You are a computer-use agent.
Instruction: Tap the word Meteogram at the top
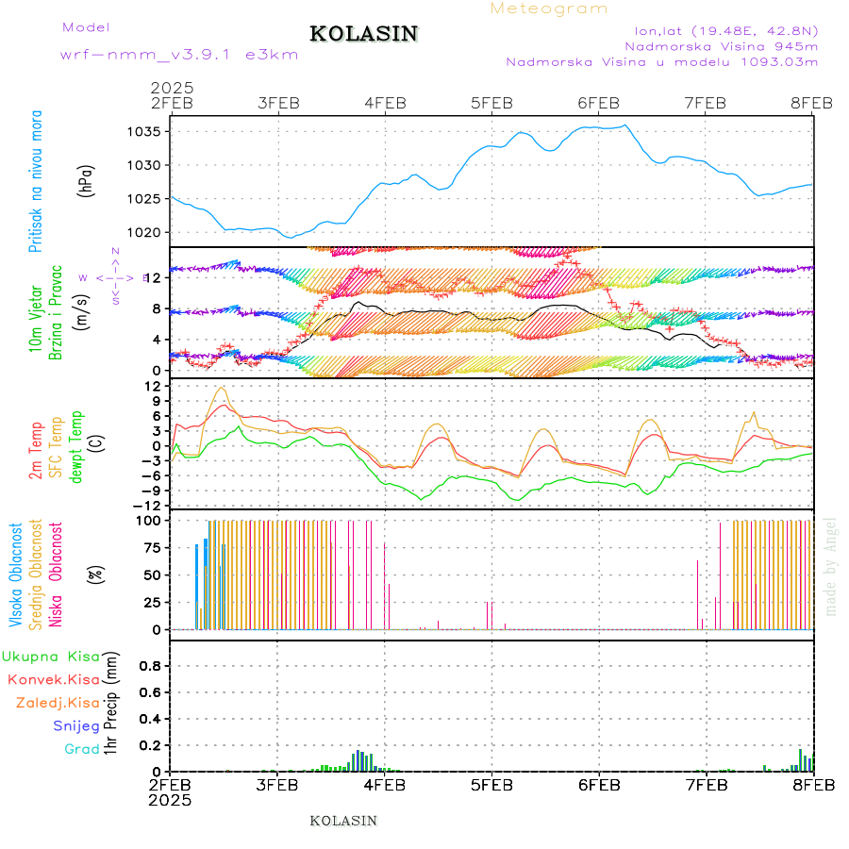[x=549, y=8]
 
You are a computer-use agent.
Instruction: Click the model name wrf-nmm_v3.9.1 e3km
[x=179, y=54]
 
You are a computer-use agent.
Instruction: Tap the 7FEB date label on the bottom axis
[x=706, y=784]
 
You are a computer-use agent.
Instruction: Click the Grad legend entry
[x=82, y=749]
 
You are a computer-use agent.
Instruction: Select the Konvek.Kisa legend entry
[x=54, y=679]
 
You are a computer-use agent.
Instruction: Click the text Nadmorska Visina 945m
[x=721, y=45]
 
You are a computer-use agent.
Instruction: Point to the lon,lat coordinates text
[x=726, y=28]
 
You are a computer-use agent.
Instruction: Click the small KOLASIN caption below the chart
[x=343, y=821]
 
